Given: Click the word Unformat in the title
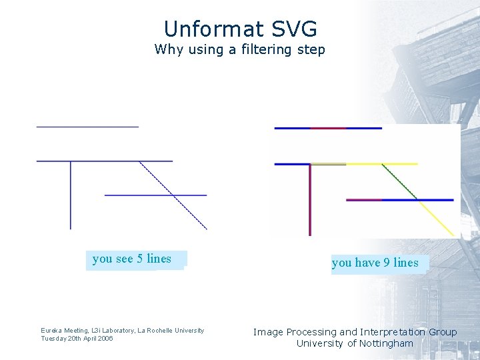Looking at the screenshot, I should [x=205, y=29].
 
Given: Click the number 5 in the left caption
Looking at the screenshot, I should [x=140, y=259].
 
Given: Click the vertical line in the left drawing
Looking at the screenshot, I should [x=71, y=197].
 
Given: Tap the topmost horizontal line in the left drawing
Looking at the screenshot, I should [x=87, y=125].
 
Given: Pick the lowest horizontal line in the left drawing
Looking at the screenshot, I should [x=155, y=195].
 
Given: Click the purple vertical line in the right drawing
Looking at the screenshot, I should [x=310, y=200].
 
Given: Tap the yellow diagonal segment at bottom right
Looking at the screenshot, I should [x=437, y=218].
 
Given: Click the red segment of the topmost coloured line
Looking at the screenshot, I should [x=328, y=128].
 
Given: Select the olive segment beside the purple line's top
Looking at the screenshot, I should [x=329, y=163].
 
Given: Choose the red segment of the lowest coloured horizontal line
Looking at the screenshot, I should [x=364, y=199].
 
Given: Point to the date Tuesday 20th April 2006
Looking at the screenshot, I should [x=77, y=339].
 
